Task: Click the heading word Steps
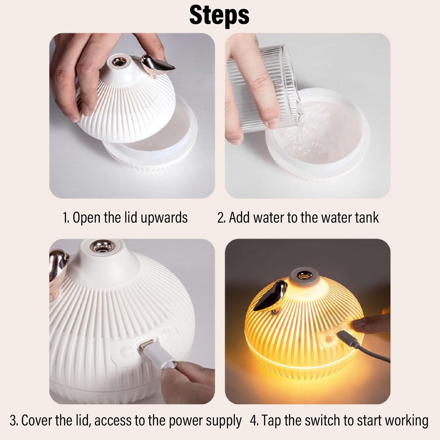point(219,15)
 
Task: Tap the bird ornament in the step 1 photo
point(157,65)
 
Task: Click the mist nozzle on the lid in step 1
point(118,62)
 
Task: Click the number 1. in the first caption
point(66,218)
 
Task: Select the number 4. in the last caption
point(254,421)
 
